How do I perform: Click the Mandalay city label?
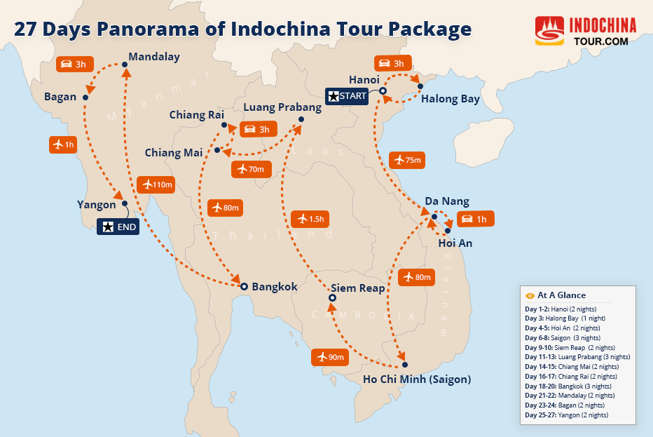[x=154, y=57]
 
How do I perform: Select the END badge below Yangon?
[x=118, y=227]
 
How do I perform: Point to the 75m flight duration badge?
[x=407, y=160]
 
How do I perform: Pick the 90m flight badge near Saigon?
[x=330, y=357]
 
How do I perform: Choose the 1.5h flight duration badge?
[x=310, y=218]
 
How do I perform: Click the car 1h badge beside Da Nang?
[x=475, y=219]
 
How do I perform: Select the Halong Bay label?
[x=451, y=99]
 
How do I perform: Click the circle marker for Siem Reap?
[x=332, y=298]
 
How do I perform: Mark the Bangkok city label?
[x=275, y=286]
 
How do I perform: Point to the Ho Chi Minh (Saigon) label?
[x=417, y=379]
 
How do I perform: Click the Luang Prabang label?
[x=282, y=107]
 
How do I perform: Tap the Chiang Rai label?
[x=196, y=114]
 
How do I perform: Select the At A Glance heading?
[x=561, y=295]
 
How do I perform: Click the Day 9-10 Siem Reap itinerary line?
[x=570, y=347]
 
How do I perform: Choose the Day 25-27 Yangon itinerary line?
[x=567, y=415]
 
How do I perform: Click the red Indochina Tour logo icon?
[x=549, y=32]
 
